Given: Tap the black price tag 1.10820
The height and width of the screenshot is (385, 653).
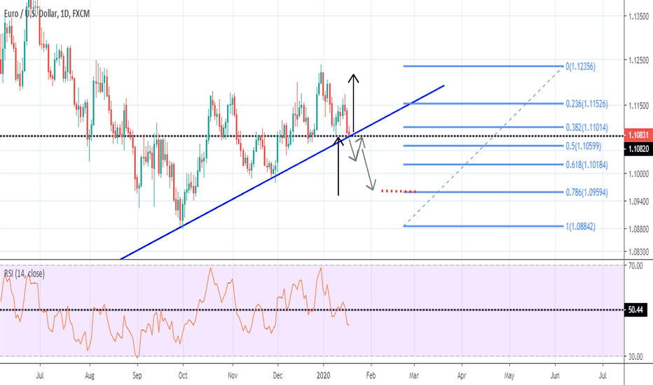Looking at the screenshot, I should [638, 148].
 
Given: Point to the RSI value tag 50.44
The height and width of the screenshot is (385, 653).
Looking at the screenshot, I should [636, 309].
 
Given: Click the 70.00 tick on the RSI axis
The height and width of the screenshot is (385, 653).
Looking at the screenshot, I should [635, 266].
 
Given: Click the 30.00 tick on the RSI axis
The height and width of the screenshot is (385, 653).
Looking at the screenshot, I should [635, 357].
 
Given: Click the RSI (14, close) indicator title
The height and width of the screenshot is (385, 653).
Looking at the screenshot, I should [24, 274].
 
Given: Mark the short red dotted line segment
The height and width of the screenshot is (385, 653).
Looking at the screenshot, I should [398, 190].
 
